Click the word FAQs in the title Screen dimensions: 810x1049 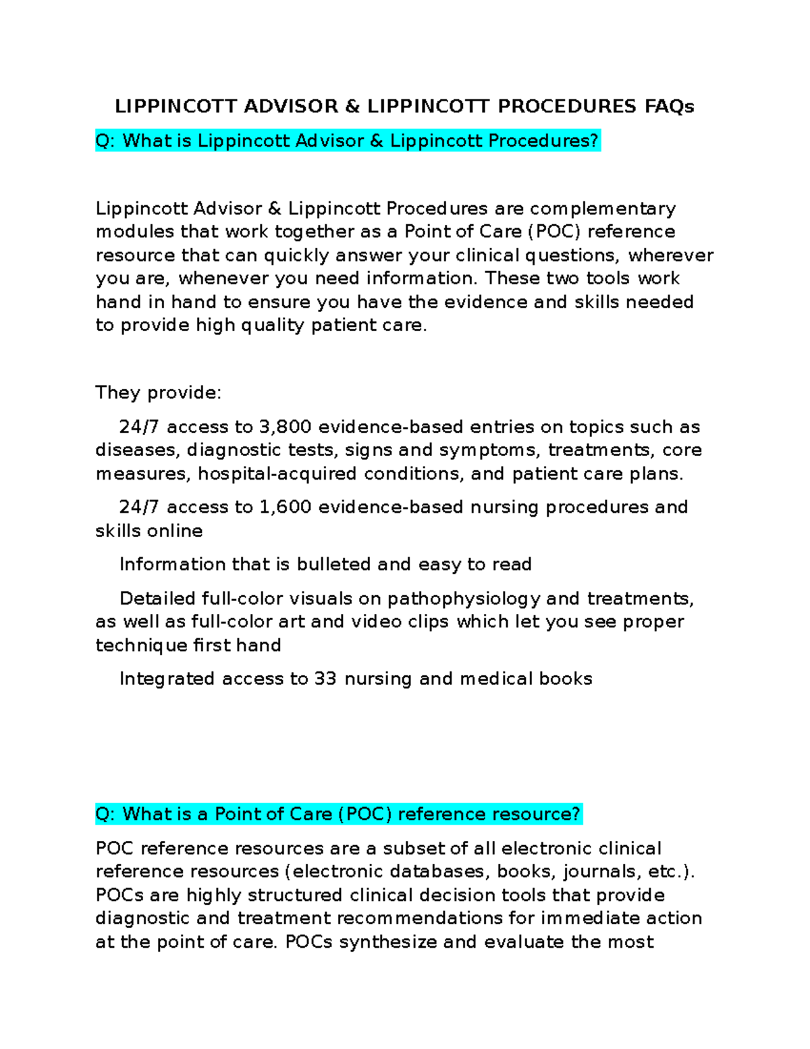pyautogui.click(x=668, y=106)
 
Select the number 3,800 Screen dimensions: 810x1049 pyautogui.click(x=285, y=427)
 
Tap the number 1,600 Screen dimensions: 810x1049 pyautogui.click(x=285, y=507)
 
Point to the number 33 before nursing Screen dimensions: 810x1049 pyautogui.click(x=325, y=679)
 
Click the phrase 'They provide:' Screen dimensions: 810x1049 pyautogui.click(x=158, y=392)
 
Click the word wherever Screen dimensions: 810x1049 pyautogui.click(x=670, y=255)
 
